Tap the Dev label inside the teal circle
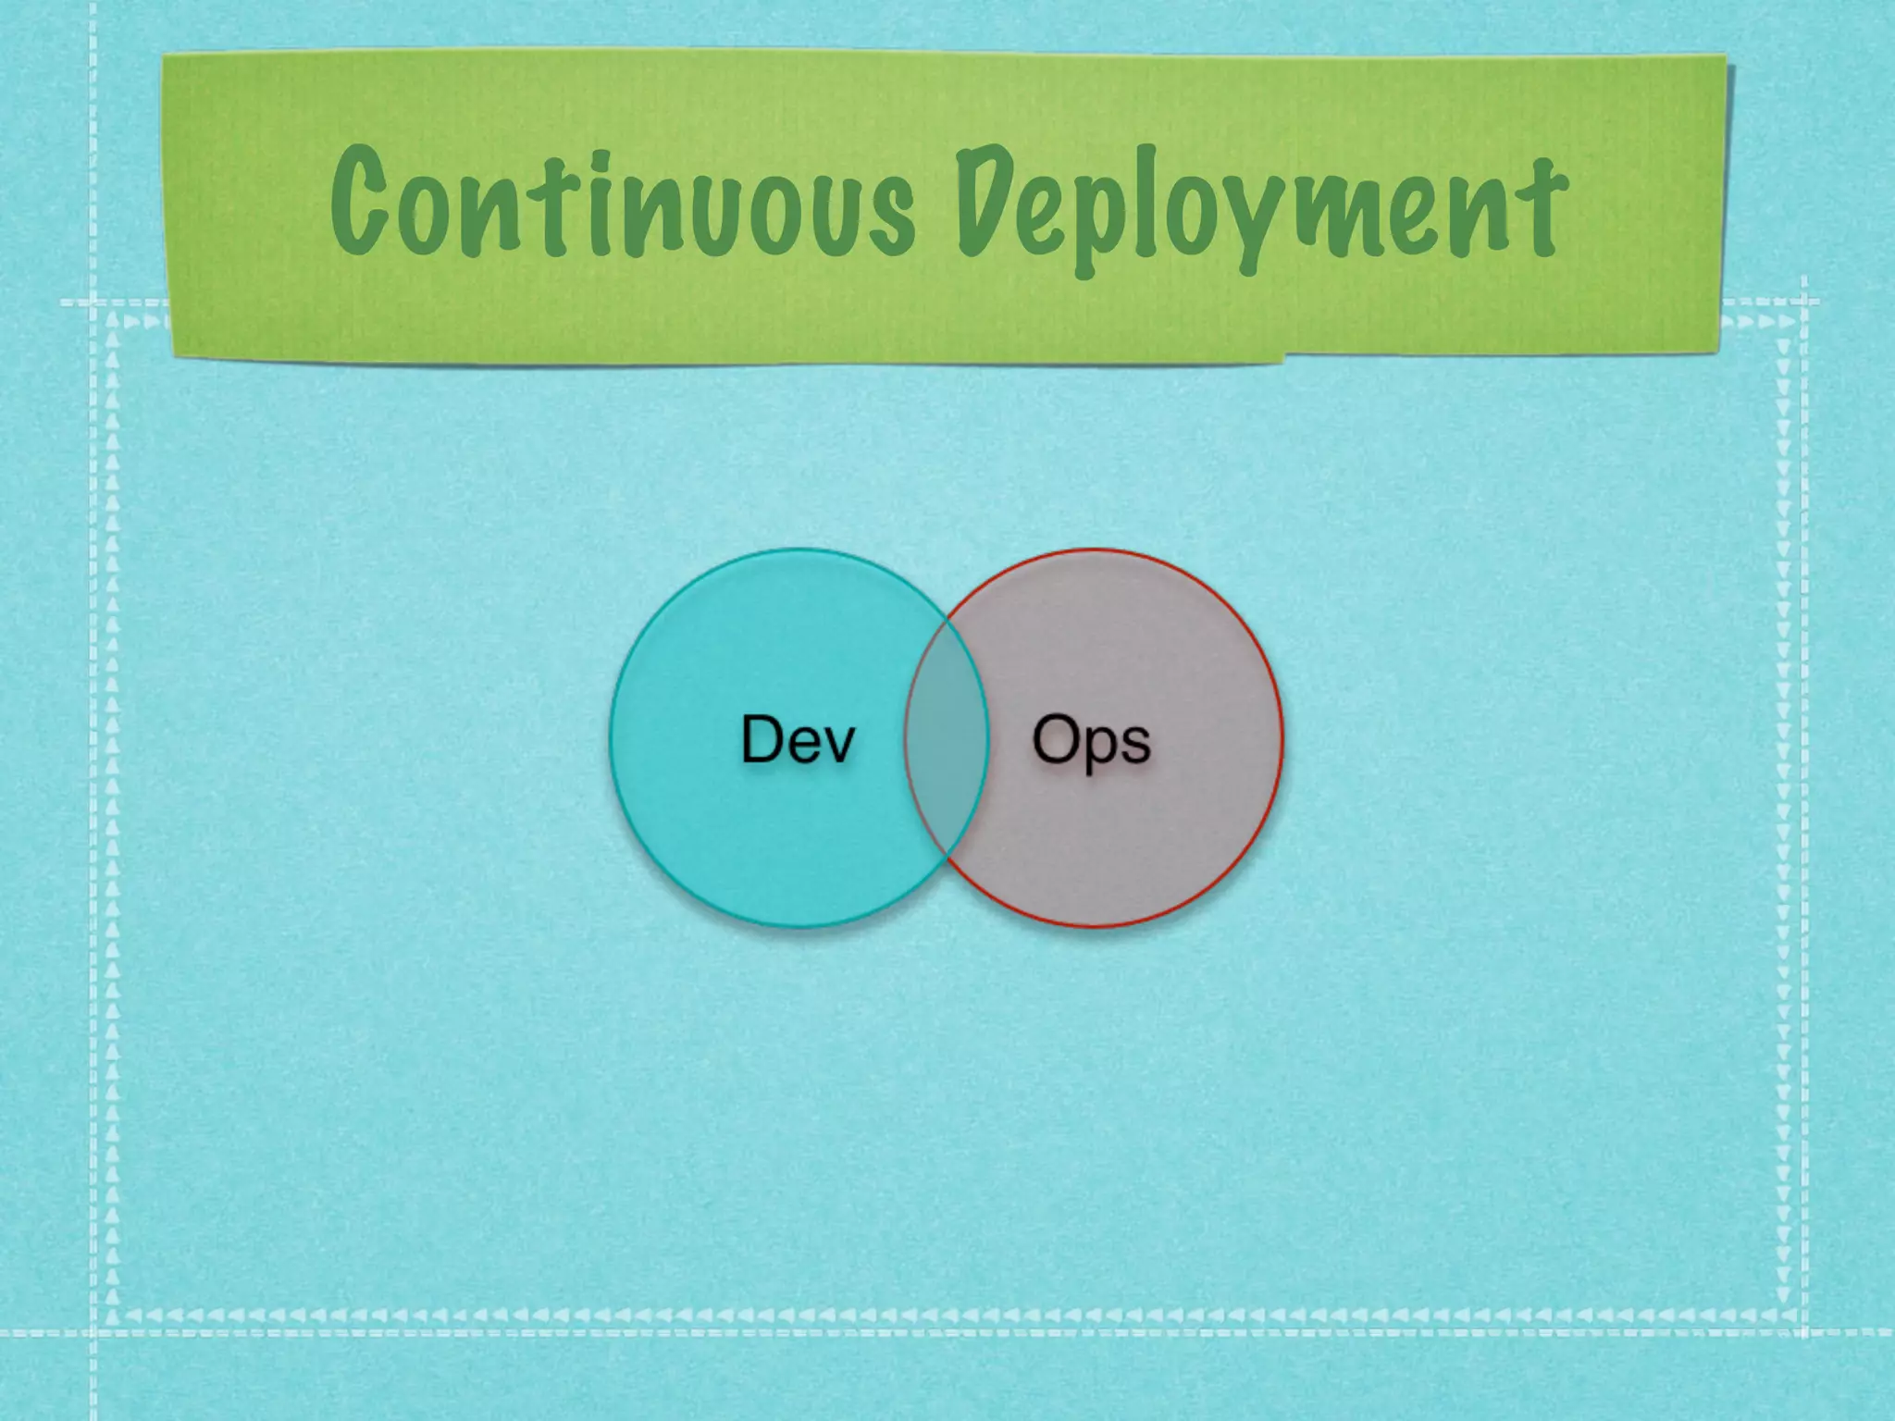tap(798, 739)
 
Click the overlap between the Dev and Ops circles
tap(947, 739)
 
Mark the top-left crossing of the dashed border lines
tap(93, 302)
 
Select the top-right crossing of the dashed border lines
tap(1804, 302)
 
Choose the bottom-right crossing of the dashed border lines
tap(1804, 1332)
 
